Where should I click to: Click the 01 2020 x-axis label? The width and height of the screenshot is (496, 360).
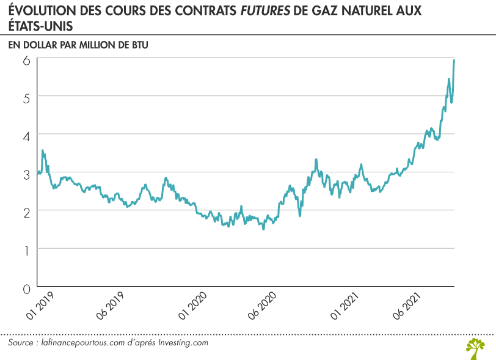point(192,306)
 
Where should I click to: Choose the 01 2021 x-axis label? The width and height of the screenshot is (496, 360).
point(344,306)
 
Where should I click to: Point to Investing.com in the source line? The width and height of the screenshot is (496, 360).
point(183,343)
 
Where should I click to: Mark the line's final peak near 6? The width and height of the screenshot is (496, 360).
point(454,60)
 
